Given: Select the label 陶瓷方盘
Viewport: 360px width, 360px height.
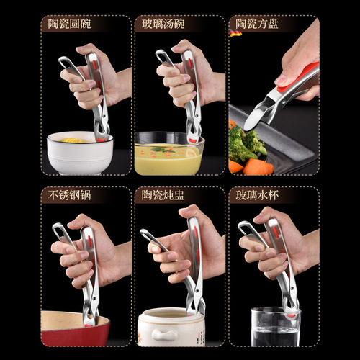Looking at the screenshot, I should [x=260, y=24].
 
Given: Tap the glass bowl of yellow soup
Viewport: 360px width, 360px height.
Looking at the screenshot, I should [x=168, y=156].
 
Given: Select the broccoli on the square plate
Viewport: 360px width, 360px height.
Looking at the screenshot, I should [x=246, y=144].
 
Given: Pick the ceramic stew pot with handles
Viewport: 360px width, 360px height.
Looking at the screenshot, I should [x=169, y=328].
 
